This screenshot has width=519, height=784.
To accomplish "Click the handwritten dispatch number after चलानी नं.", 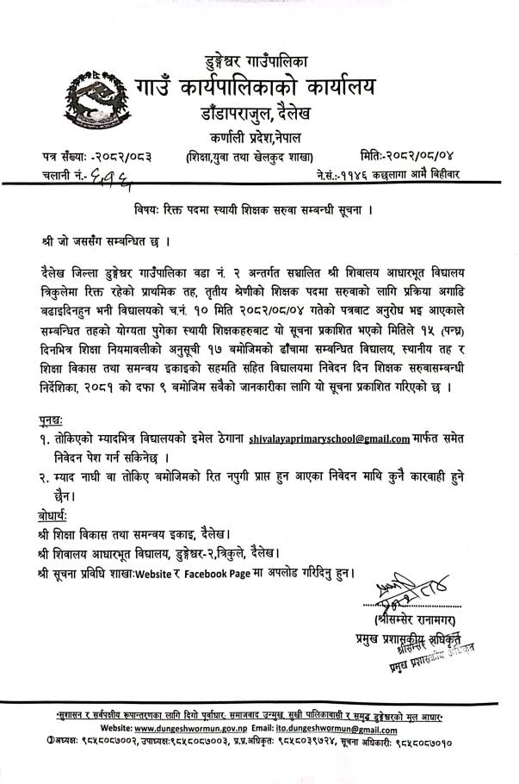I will (114, 177).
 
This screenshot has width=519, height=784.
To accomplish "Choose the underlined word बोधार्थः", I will (58, 514).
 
